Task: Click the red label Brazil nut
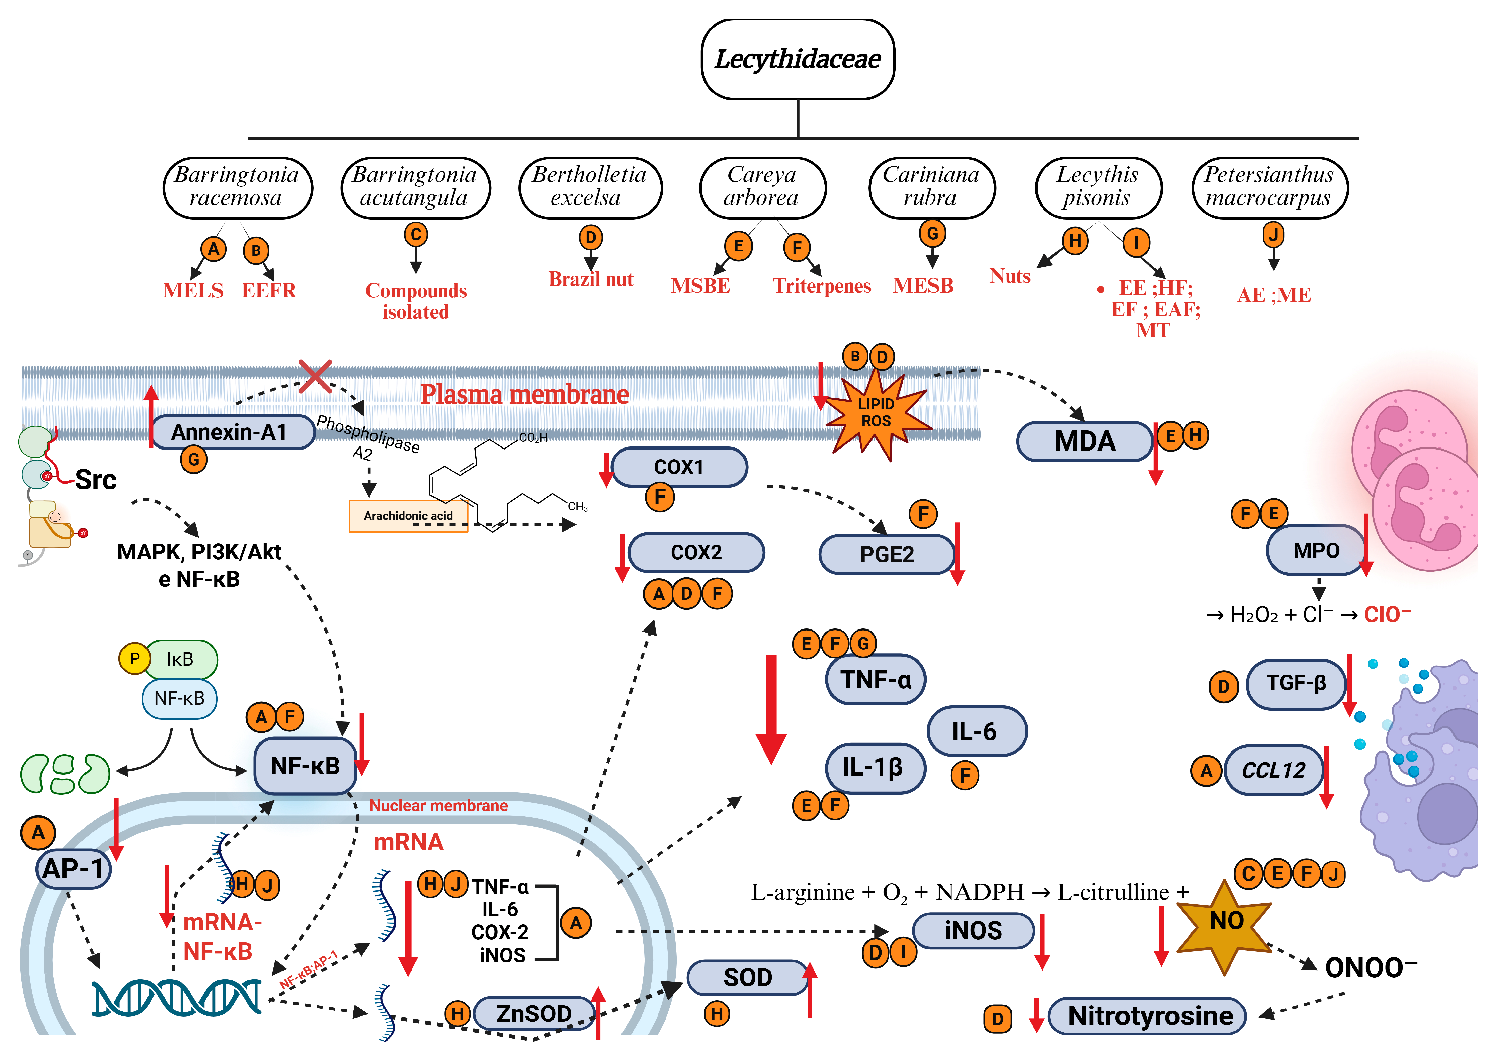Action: pos(590,279)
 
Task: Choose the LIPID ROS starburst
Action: pos(876,412)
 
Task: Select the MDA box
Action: pos(1085,441)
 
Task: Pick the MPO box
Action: pos(1316,551)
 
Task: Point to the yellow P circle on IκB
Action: pos(134,659)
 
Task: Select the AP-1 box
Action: pos(73,869)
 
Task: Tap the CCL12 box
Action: pos(1273,770)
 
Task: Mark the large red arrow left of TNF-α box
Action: pos(771,709)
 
